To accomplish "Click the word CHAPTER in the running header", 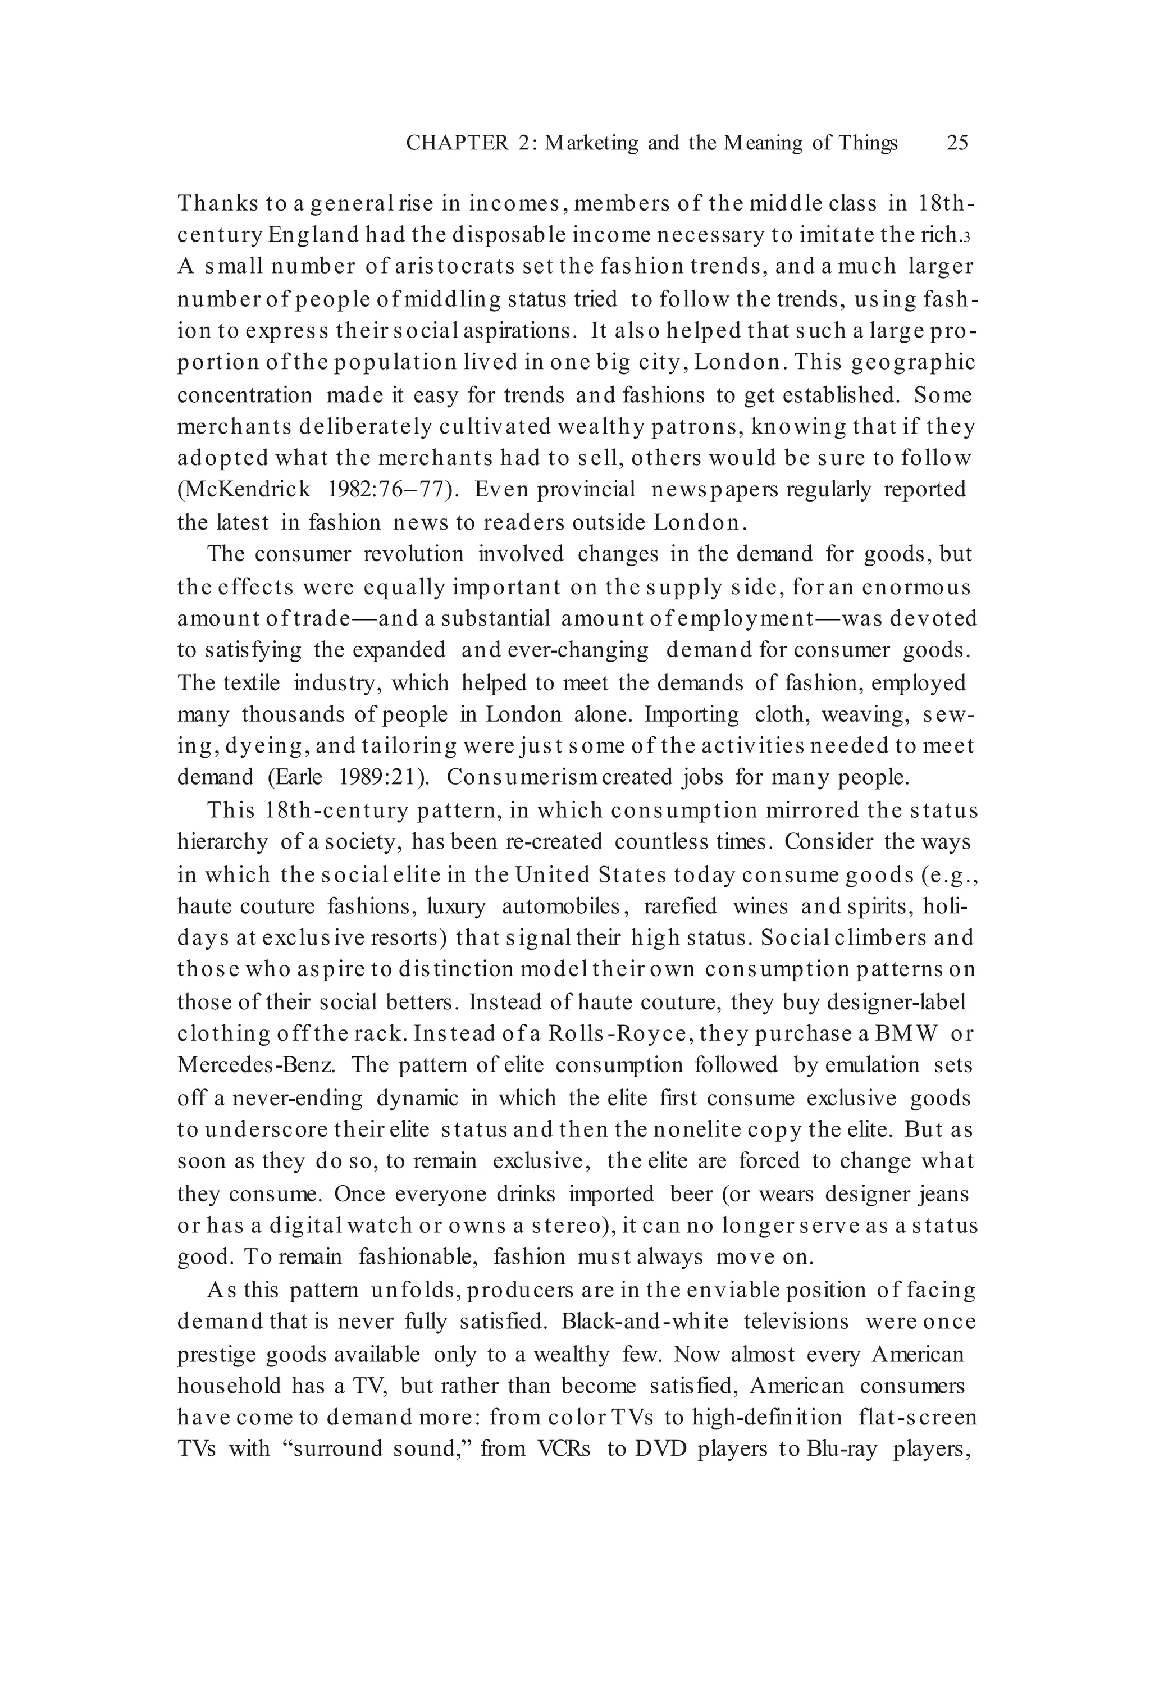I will tap(457, 143).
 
